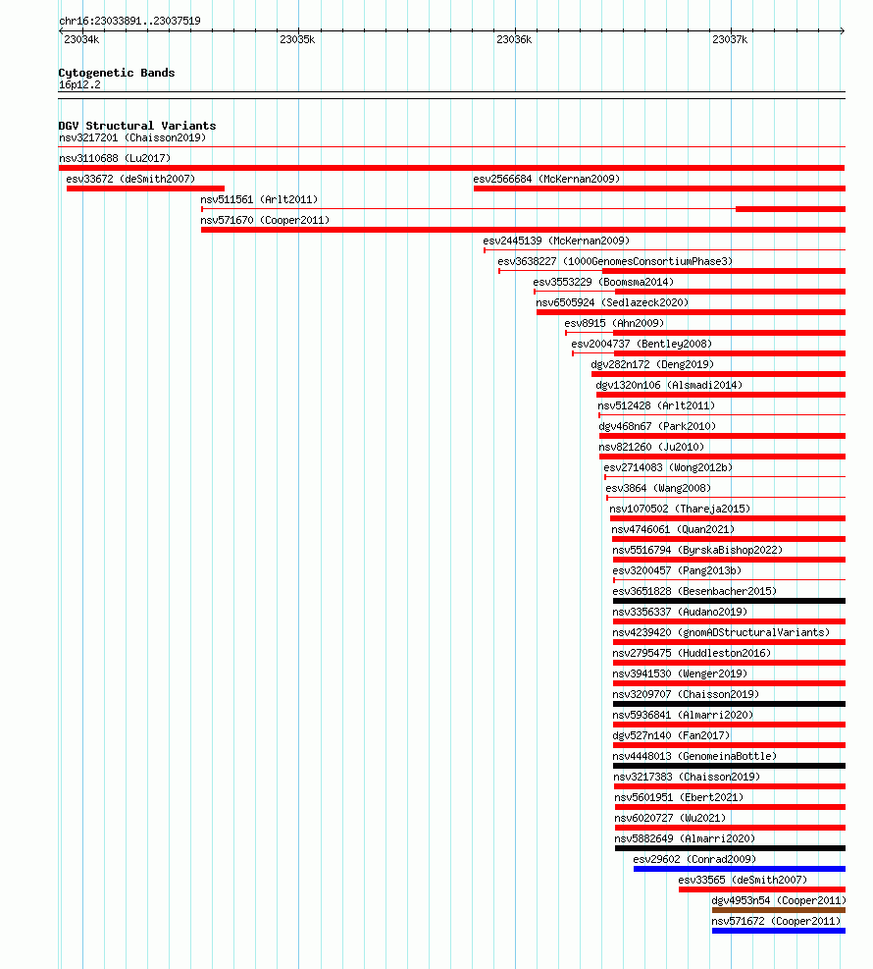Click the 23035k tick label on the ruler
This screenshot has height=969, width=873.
tap(297, 39)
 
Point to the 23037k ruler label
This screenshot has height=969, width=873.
tap(730, 39)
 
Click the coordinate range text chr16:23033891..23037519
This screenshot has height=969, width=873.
tap(129, 21)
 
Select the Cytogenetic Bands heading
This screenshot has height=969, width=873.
tap(117, 73)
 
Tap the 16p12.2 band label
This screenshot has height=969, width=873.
tap(79, 84)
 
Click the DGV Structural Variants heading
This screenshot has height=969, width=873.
tap(137, 126)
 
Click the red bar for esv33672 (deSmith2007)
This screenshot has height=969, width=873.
tap(146, 188)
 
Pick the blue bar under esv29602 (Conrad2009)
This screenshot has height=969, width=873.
tap(740, 869)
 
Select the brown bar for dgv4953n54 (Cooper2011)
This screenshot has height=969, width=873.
tap(779, 910)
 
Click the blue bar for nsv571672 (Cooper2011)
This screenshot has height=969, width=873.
tap(779, 931)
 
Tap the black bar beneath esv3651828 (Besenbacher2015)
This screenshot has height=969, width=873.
tap(729, 601)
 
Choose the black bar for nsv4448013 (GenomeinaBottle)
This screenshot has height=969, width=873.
tap(729, 766)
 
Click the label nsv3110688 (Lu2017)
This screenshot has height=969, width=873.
tap(115, 158)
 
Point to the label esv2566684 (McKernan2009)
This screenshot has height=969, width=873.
tap(546, 180)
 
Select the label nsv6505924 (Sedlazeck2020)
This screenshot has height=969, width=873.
tap(612, 302)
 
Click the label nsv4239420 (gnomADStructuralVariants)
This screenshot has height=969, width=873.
tap(721, 633)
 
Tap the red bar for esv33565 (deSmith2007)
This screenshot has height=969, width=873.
tap(762, 889)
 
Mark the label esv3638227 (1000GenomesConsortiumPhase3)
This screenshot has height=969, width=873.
tap(615, 261)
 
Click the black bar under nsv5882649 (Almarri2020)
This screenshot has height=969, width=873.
tap(731, 848)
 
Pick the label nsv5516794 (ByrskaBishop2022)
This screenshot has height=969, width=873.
tap(697, 550)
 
